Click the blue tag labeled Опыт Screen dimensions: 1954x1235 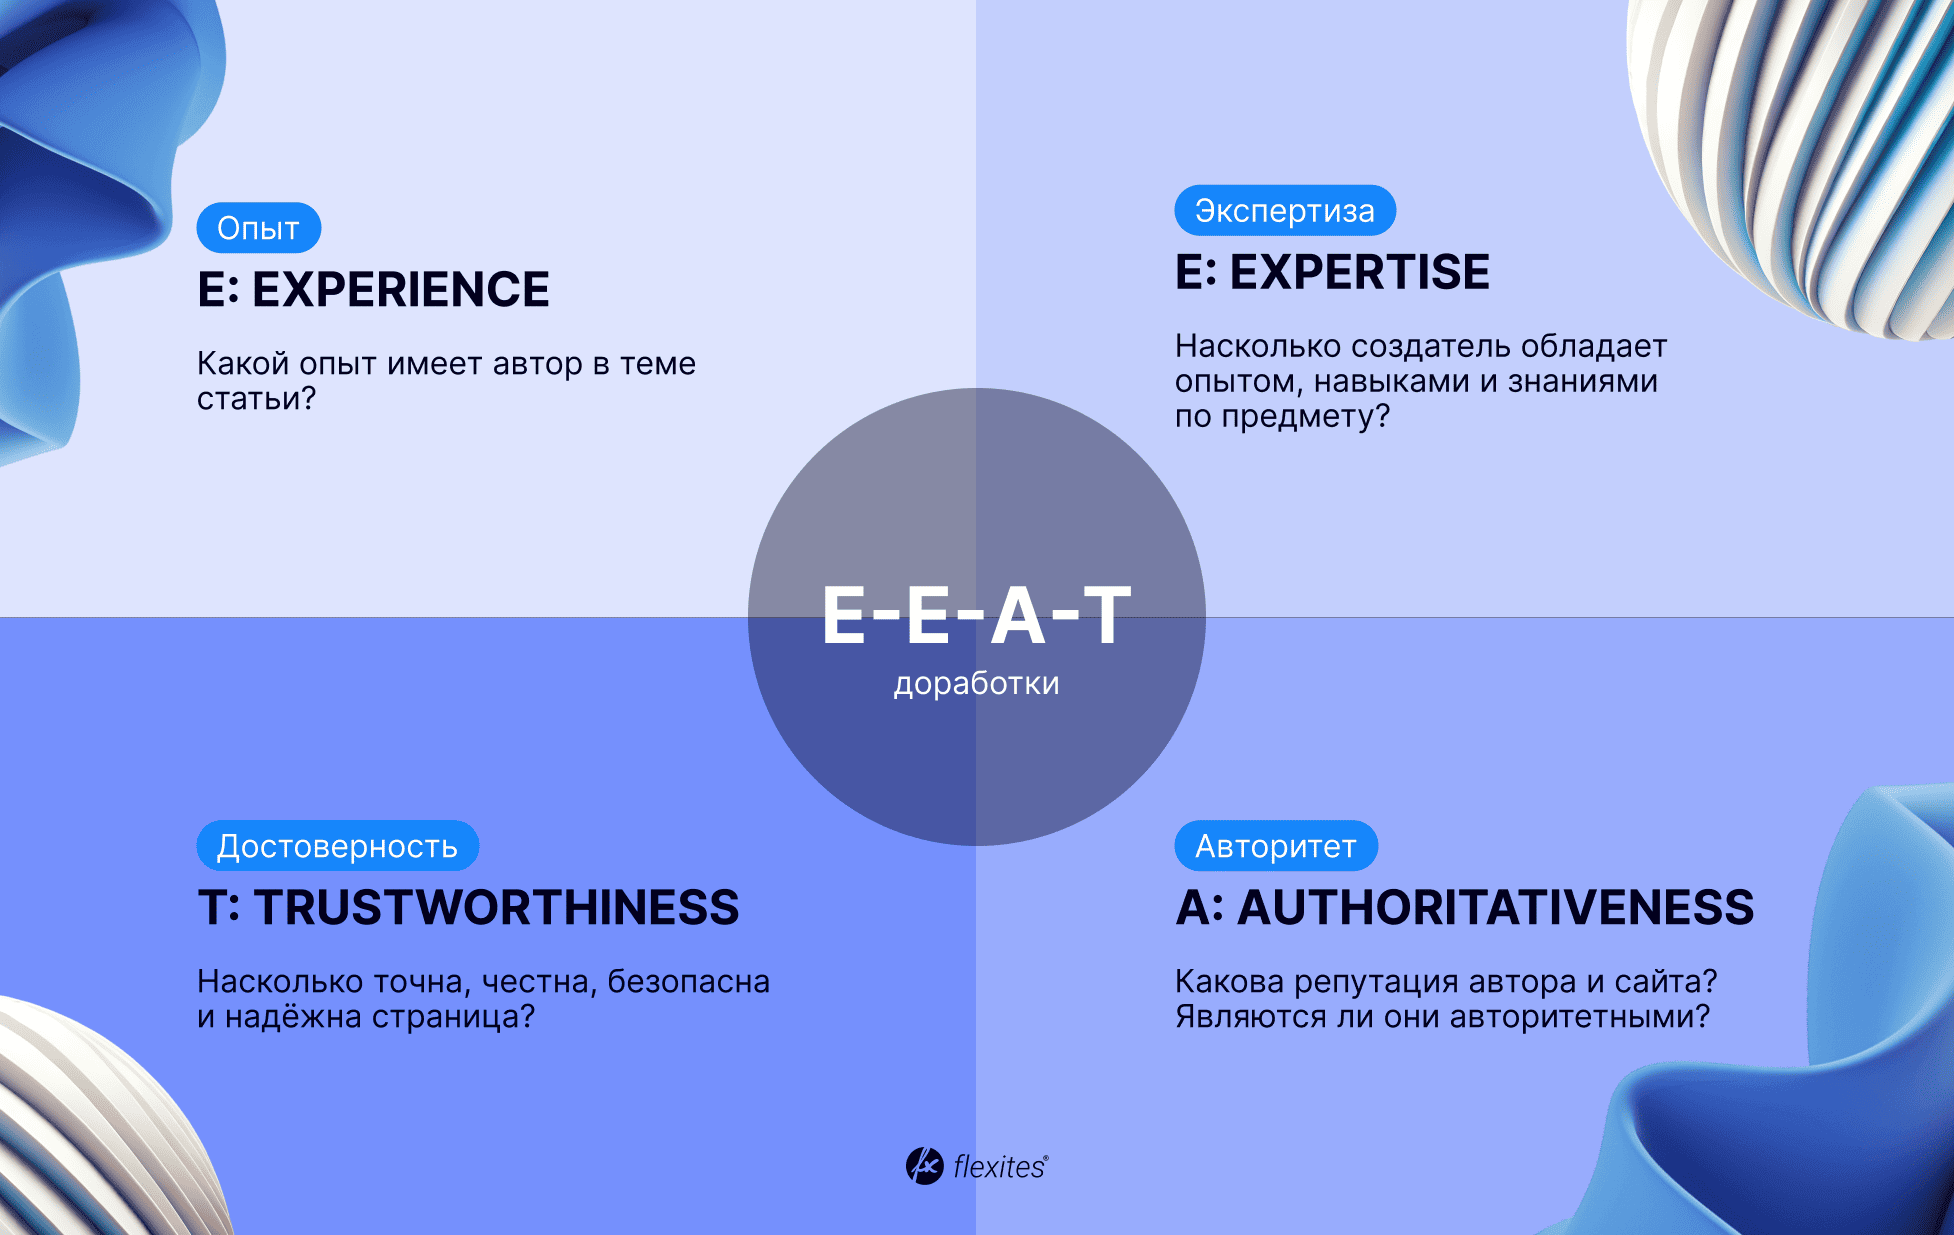click(x=259, y=228)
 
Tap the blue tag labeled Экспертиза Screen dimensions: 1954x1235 click(x=1285, y=211)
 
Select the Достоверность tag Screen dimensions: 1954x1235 click(x=338, y=846)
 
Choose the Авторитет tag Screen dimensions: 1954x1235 click(x=1276, y=846)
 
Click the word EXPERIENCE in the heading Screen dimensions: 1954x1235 click(x=401, y=290)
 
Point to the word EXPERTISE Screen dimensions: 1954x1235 click(x=1360, y=272)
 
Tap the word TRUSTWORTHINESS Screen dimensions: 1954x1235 click(x=497, y=908)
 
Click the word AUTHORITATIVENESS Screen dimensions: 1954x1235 click(x=1496, y=908)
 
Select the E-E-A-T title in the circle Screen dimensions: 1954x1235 click(x=977, y=615)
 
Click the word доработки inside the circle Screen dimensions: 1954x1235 click(x=977, y=683)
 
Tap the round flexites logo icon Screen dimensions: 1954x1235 click(x=924, y=1166)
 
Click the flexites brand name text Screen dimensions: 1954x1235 click(x=1000, y=1167)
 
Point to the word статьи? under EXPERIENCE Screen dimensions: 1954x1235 click(x=256, y=399)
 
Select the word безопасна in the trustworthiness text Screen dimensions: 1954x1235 click(x=689, y=981)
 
